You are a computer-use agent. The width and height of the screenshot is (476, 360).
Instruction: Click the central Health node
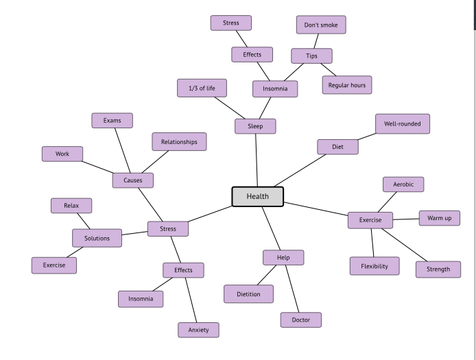257,196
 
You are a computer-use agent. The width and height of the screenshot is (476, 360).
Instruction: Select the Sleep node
255,126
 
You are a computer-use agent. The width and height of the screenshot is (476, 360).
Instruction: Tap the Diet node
337,147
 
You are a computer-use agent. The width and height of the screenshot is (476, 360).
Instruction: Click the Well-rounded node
403,124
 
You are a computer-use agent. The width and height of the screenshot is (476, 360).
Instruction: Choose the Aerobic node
403,184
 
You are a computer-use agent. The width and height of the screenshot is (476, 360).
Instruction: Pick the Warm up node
439,218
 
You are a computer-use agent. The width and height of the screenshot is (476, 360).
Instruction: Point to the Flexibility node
374,266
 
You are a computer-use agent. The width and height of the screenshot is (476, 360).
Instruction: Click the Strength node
438,269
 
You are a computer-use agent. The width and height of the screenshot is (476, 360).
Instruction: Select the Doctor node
300,320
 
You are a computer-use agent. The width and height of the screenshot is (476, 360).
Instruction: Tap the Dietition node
248,294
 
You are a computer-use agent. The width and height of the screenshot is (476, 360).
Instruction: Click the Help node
283,258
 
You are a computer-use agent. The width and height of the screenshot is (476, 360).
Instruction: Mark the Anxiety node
198,330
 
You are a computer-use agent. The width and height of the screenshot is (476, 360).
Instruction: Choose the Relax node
71,206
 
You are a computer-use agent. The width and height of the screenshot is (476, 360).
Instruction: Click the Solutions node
97,238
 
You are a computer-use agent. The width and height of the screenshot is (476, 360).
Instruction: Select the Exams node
112,121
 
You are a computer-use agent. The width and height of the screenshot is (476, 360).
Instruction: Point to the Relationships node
179,142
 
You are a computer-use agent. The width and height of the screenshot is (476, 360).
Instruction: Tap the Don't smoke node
321,25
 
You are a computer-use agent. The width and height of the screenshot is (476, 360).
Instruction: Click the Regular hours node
347,85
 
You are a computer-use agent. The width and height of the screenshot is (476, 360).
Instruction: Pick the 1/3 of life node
202,88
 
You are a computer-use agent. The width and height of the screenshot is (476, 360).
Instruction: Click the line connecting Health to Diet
300,171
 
